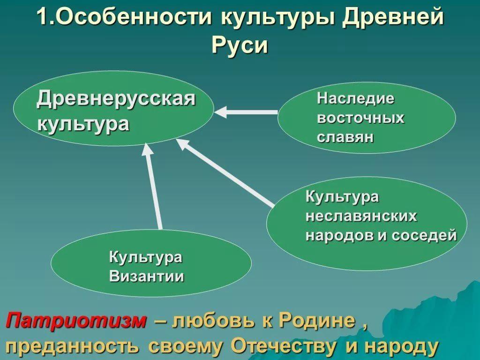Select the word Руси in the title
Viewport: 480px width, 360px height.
(240, 46)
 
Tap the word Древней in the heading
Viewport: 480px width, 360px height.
(392, 17)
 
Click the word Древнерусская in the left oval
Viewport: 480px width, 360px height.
(116, 98)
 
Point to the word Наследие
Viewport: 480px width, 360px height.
(356, 98)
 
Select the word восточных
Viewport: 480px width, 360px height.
(360, 118)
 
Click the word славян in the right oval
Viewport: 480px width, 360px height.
(345, 137)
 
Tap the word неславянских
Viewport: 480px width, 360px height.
(361, 216)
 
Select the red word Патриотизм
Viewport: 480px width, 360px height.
(76, 321)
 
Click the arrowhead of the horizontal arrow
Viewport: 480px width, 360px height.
(221, 112)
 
